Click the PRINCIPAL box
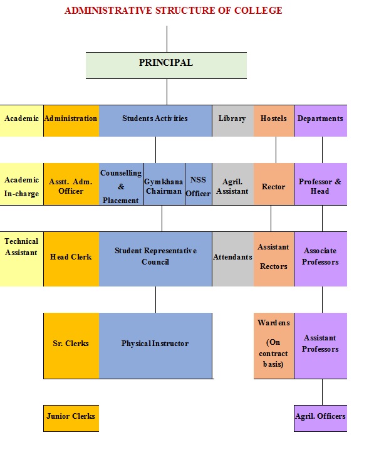point(166,66)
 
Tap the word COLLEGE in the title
point(258,11)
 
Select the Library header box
point(232,120)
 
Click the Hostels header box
point(274,120)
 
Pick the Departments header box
point(320,120)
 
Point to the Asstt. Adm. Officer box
point(71,184)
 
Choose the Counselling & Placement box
point(121,184)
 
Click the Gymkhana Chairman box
point(164,184)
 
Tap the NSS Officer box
point(199,184)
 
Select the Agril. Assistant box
point(232,184)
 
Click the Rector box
point(274,184)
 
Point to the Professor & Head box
point(320,184)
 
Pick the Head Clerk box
point(71,259)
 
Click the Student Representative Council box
point(155,259)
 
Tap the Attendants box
point(232,259)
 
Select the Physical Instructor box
point(155,345)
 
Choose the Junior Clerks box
point(71,418)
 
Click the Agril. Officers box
point(320,418)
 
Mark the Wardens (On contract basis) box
point(274,345)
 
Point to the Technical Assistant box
point(21,259)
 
